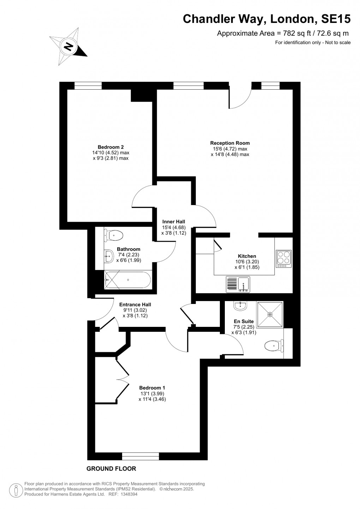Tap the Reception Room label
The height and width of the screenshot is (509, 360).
[230, 143]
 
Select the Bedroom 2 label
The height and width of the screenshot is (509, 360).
[110, 147]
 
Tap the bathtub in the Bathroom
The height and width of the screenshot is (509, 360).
[128, 280]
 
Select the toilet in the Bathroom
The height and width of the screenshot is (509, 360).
[114, 235]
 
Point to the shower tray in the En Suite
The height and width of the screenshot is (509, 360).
[270, 314]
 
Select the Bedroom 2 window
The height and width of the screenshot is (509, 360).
[88, 85]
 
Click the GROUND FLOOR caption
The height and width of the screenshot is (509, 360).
[111, 469]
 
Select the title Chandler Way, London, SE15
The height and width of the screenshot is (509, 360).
[266, 19]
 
